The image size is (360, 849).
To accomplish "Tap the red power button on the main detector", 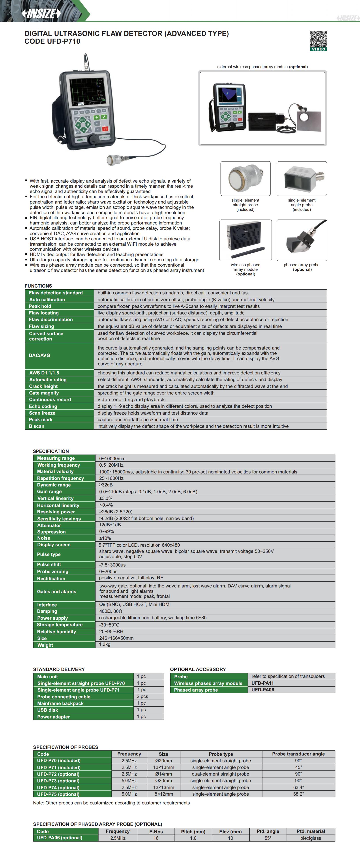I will pos(105,129).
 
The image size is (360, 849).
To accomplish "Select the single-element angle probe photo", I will pos(302,178).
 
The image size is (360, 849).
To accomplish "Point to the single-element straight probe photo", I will pos(246,178).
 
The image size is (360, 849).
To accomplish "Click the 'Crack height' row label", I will pos(43,386).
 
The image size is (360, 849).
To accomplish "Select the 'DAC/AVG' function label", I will pos(39,355).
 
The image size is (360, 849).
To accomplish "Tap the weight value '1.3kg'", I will pos(105,644).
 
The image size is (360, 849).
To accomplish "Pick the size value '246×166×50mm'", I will pos(116,638).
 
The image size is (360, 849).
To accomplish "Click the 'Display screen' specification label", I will pos(54,545).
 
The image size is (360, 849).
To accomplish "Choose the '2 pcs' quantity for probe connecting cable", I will pos(142,696).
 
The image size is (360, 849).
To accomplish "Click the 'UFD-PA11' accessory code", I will pos(262,683).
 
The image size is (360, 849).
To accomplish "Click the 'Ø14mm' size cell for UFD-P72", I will pos(163,774).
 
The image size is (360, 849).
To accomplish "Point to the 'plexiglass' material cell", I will pos(311,838).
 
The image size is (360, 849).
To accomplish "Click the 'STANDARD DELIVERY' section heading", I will pos(59,669).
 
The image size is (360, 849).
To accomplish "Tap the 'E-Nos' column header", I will pos(156,832).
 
